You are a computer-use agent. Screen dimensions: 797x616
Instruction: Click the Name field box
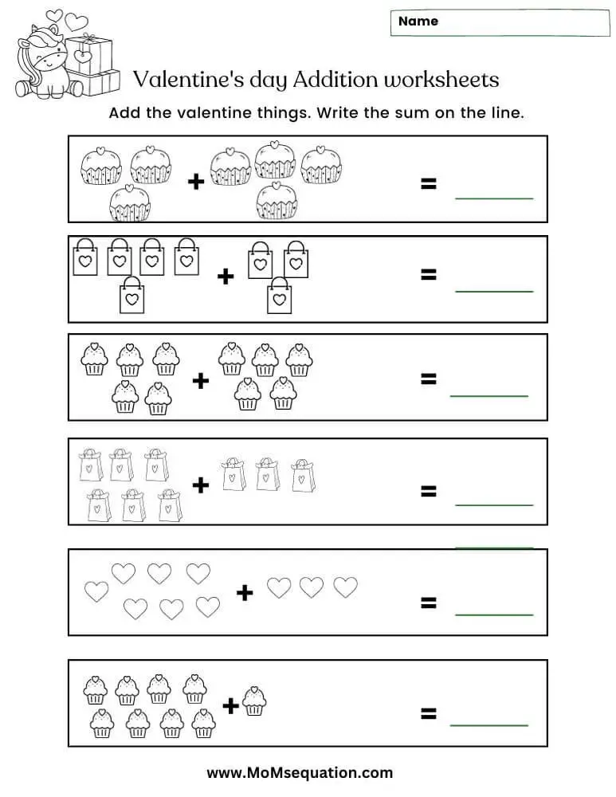tap(500, 23)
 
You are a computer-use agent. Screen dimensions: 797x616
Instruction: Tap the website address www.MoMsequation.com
tap(300, 772)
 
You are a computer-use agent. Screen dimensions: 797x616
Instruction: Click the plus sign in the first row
tap(196, 183)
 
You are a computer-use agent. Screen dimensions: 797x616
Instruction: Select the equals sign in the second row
tap(429, 275)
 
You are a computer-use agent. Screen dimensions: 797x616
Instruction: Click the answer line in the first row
tap(493, 198)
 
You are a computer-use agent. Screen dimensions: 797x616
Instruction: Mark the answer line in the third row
tap(488, 395)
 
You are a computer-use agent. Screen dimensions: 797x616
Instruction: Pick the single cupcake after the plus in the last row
tap(254, 701)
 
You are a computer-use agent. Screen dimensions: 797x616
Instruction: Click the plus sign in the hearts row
tap(245, 592)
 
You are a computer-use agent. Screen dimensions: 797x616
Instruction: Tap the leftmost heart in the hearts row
tap(96, 591)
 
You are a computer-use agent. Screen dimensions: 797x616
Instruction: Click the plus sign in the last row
tap(230, 705)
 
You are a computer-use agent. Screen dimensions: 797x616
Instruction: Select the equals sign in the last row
tap(429, 713)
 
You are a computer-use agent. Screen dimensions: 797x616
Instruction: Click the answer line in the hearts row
tap(493, 614)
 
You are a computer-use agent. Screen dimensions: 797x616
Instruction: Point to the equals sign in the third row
tap(429, 379)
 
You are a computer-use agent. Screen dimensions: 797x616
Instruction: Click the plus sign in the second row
tap(226, 277)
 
